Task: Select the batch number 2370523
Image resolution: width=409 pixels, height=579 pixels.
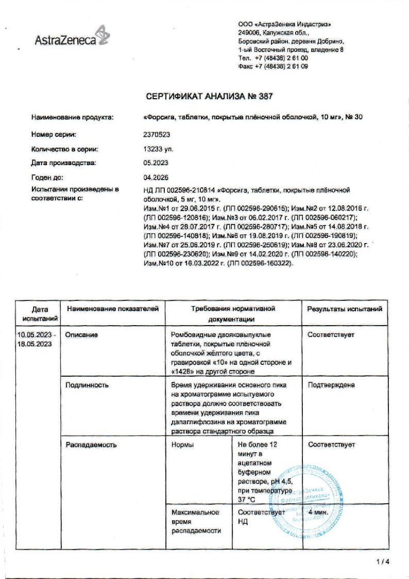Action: click(156, 134)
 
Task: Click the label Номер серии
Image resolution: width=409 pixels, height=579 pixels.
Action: click(54, 134)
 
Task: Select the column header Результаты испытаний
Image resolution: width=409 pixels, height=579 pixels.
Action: click(345, 309)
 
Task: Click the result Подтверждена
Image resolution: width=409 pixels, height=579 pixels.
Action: click(331, 385)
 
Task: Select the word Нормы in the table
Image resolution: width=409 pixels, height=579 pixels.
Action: click(183, 444)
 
